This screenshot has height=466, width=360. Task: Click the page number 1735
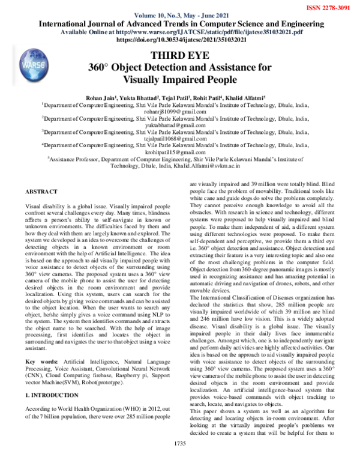click(179, 460)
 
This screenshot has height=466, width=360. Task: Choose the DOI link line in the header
click(180, 40)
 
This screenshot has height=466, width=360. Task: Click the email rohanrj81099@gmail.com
click(180, 111)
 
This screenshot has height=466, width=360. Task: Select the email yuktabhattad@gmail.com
click(180, 126)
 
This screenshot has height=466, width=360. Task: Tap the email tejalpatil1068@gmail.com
click(180, 139)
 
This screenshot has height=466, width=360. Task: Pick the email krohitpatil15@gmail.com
click(180, 153)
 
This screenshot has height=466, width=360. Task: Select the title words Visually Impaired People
click(180, 78)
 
